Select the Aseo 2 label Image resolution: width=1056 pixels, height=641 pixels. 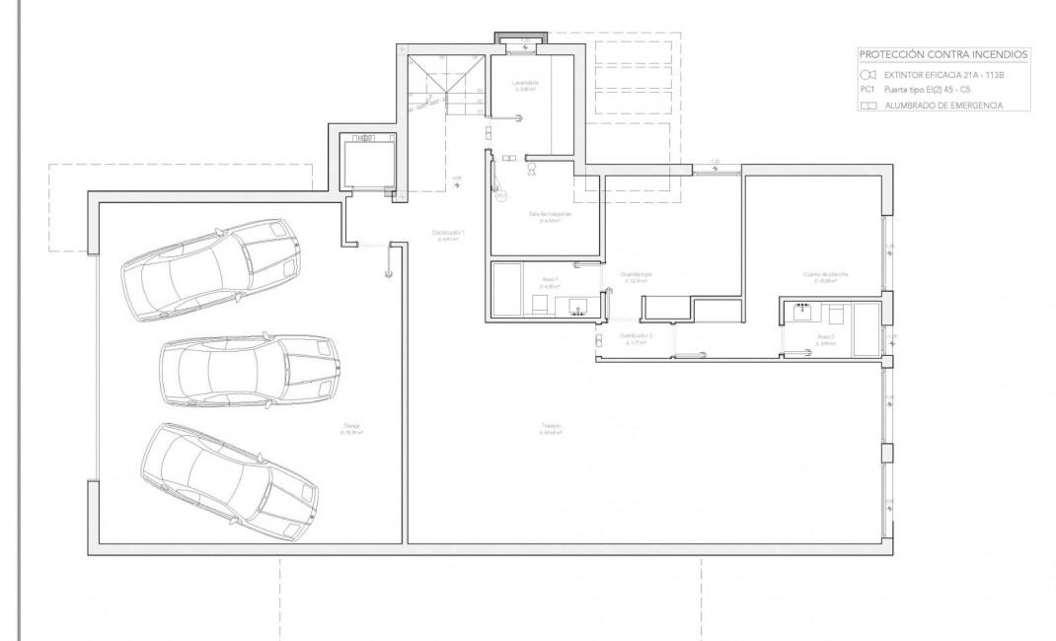826,336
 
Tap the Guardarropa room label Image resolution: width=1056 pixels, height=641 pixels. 636,274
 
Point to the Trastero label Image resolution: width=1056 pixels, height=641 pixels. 551,426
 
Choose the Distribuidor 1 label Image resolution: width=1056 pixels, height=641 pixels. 448,233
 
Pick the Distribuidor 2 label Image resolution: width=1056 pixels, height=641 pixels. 636,336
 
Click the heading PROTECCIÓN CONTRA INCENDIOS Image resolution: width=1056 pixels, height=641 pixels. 944,54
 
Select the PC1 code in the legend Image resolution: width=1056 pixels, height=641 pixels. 867,90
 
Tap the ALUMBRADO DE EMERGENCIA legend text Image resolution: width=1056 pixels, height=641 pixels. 943,106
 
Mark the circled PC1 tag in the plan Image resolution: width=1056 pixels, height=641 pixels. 500,196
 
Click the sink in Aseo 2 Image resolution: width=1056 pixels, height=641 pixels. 799,314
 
